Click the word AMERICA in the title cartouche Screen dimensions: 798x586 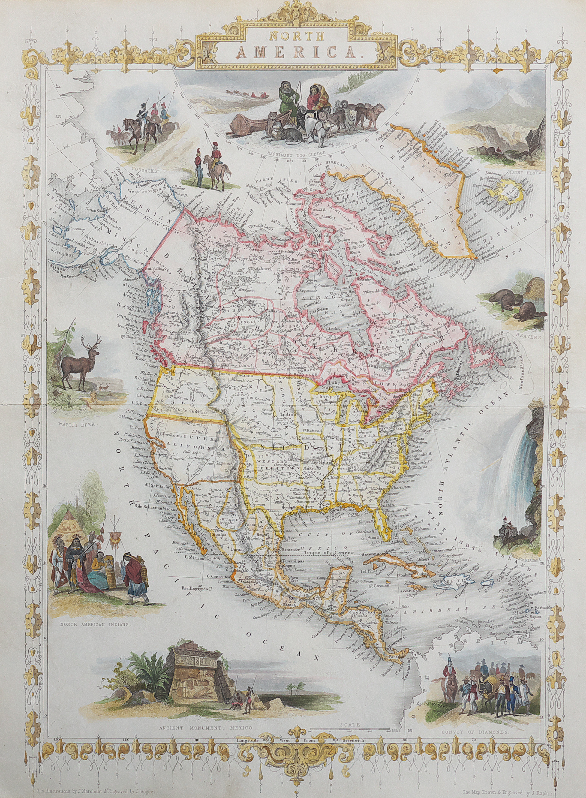click(x=293, y=52)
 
